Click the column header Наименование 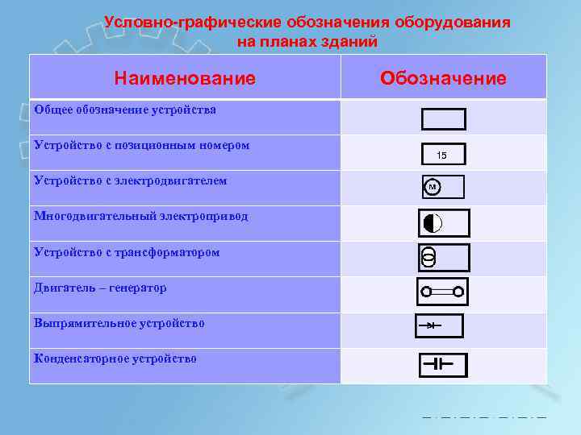[x=185, y=78]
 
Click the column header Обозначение [x=443, y=78]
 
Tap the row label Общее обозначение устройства [x=125, y=110]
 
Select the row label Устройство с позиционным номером [x=142, y=145]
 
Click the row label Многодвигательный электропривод [x=141, y=216]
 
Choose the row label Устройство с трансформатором [x=127, y=252]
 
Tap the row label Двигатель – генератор [x=100, y=288]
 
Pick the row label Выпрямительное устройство [x=119, y=323]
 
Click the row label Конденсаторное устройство [x=115, y=358]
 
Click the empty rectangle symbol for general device [x=443, y=119]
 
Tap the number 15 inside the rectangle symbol [x=441, y=155]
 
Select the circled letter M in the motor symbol [x=432, y=187]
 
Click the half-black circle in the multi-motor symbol [x=432, y=222]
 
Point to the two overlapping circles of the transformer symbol [x=428, y=258]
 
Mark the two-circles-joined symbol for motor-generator [x=442, y=292]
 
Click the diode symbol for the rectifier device [x=431, y=325]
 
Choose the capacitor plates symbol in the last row [x=438, y=364]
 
